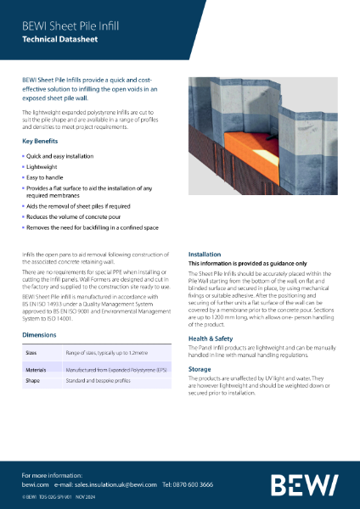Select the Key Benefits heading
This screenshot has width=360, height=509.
pyautogui.click(x=42, y=141)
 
